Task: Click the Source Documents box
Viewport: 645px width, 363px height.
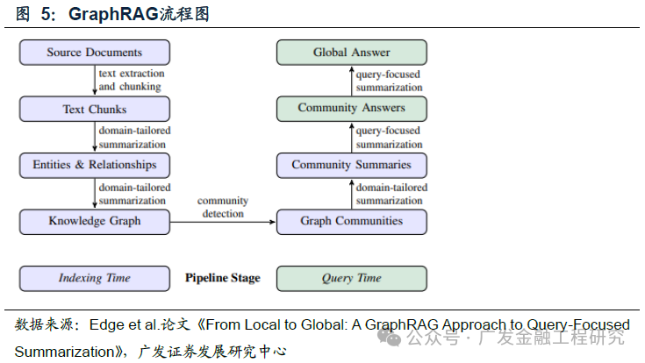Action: [x=95, y=53]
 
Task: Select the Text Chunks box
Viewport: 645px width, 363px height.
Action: [x=95, y=109]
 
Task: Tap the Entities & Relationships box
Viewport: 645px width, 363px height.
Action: [x=95, y=165]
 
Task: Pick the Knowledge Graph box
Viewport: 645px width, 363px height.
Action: [x=95, y=221]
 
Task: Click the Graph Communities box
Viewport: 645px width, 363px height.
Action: [x=351, y=221]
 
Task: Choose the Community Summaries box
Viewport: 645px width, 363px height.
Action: [x=351, y=165]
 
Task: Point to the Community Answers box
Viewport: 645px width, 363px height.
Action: [x=351, y=109]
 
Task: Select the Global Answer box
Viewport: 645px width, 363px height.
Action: [x=351, y=53]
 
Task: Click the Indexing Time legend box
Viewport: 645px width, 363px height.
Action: [x=95, y=278]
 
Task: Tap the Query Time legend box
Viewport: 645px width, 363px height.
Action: [x=351, y=278]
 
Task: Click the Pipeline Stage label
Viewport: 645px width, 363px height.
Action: [x=222, y=278]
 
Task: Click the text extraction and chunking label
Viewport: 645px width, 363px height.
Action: [x=131, y=81]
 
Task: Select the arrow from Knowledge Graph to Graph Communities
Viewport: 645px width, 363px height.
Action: [x=222, y=222]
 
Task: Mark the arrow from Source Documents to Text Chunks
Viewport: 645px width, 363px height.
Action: [x=95, y=81]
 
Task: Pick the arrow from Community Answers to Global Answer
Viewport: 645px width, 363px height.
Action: [x=351, y=81]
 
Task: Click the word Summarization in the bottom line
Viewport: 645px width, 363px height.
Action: [x=64, y=352]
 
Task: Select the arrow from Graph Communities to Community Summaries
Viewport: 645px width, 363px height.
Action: [x=351, y=193]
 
